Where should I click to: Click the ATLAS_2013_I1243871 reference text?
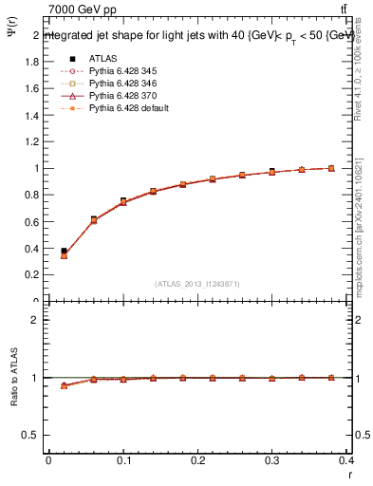pyautogui.click(x=198, y=284)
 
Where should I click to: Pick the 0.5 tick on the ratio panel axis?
pyautogui.click(x=31, y=435)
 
